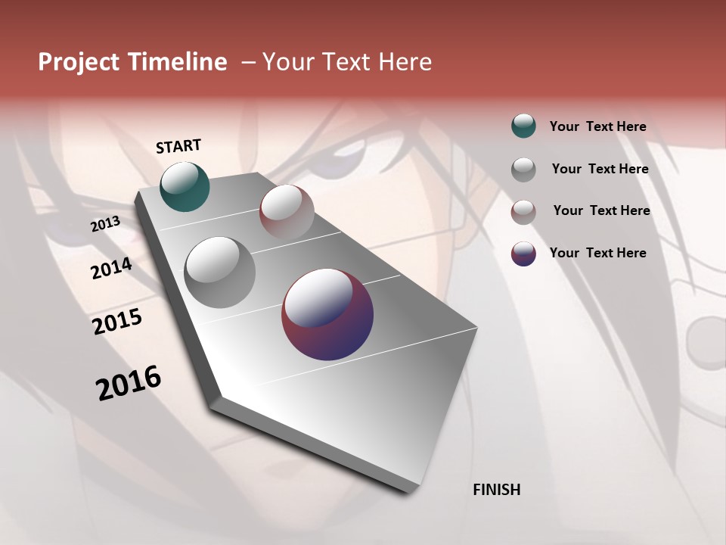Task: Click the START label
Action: pyautogui.click(x=178, y=146)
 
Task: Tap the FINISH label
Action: pyautogui.click(x=496, y=490)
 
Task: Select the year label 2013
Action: pyautogui.click(x=106, y=224)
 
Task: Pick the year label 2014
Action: pyautogui.click(x=111, y=269)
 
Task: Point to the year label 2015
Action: pyautogui.click(x=117, y=322)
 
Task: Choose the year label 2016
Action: pyautogui.click(x=129, y=382)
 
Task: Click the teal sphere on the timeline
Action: pyautogui.click(x=185, y=186)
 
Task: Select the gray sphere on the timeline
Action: pyautogui.click(x=220, y=272)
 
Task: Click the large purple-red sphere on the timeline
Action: pyautogui.click(x=327, y=314)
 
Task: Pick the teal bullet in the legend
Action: pyautogui.click(x=523, y=126)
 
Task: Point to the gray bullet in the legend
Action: pyautogui.click(x=523, y=169)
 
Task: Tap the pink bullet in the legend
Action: pyautogui.click(x=523, y=211)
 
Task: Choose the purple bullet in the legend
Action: pyautogui.click(x=523, y=254)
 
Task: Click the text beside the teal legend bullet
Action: pyautogui.click(x=597, y=126)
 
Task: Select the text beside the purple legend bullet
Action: pyautogui.click(x=597, y=253)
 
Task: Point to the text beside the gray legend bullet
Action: pyautogui.click(x=600, y=169)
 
